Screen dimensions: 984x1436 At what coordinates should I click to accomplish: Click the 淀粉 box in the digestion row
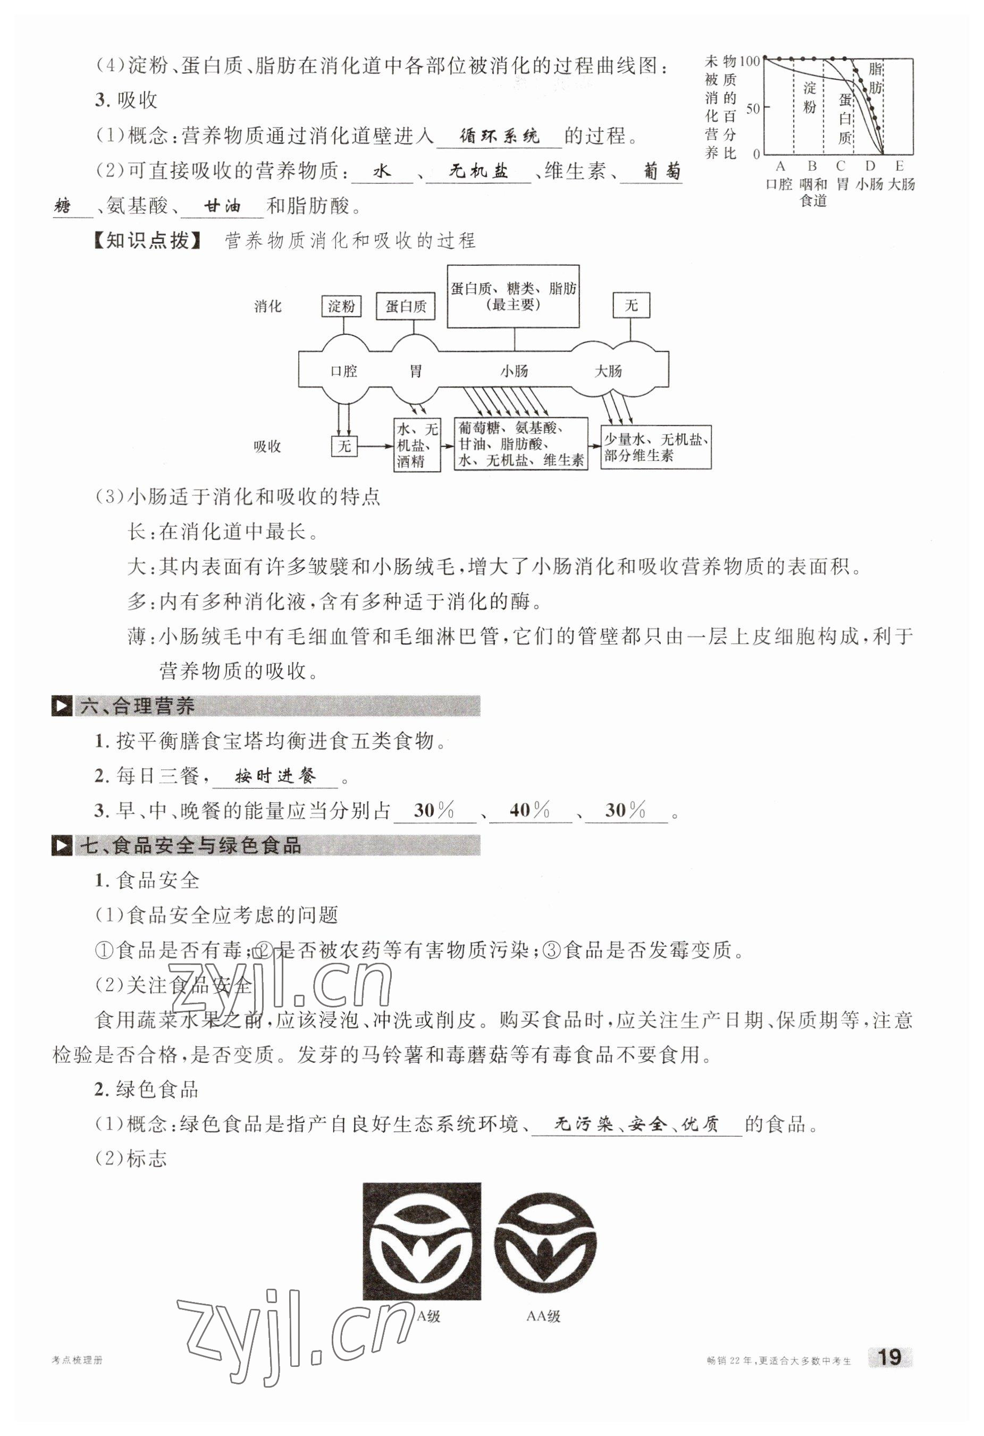pos(342,306)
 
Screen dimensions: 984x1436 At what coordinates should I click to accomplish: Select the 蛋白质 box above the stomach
pos(406,306)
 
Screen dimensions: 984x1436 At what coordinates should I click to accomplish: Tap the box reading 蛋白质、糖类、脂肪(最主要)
pos(514,297)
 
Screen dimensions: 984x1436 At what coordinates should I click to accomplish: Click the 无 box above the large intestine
pos(630,305)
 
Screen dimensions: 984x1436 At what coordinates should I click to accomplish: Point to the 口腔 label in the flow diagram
pos(343,371)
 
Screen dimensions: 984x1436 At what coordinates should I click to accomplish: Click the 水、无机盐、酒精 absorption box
pos(417,446)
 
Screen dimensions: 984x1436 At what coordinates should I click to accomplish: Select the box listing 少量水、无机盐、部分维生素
pos(655,447)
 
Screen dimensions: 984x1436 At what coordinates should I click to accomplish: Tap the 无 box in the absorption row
pos(344,446)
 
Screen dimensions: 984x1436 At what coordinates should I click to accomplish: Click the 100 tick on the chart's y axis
pos(748,61)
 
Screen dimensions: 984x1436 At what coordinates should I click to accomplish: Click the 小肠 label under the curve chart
pos(870,184)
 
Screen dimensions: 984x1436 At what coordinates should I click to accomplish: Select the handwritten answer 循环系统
pos(499,137)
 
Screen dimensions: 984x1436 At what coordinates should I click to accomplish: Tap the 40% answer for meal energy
pos(529,810)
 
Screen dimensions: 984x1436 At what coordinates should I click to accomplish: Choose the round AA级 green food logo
pos(545,1242)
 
